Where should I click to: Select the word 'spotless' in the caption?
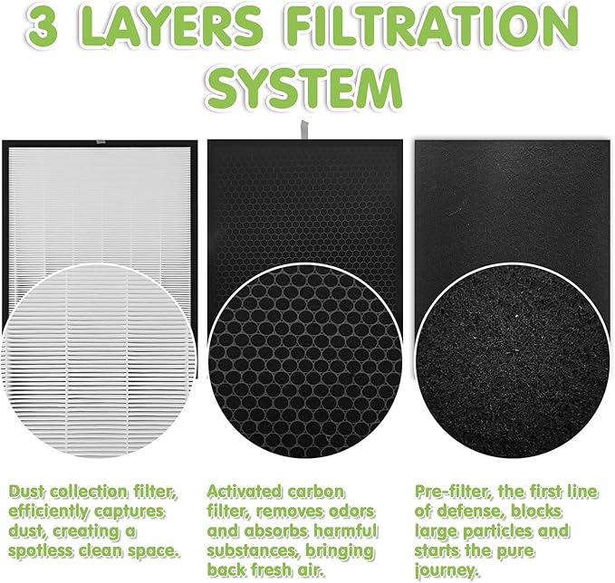tap(45, 550)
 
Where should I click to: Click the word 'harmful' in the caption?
tap(343, 530)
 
